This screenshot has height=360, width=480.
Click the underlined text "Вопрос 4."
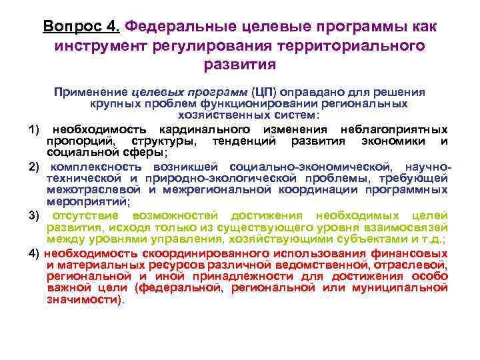coord(81,27)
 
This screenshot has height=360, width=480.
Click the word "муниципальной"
coord(401,288)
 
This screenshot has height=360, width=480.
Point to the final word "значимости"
coord(83,300)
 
